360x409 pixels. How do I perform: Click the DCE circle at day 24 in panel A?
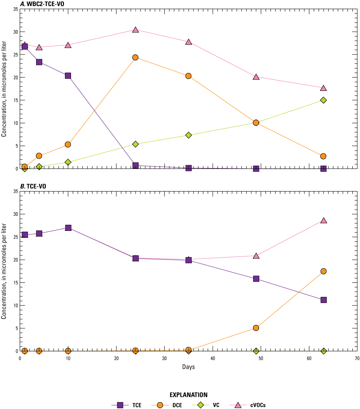(135, 58)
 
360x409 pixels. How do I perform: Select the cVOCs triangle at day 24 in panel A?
(135, 30)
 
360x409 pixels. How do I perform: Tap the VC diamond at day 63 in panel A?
(323, 100)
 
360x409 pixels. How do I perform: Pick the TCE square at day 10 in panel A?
(68, 75)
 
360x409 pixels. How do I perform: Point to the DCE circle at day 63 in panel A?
(323, 156)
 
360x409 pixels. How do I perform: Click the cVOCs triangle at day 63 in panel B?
(323, 220)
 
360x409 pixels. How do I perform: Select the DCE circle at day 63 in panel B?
(323, 271)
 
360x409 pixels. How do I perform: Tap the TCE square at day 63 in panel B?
(323, 300)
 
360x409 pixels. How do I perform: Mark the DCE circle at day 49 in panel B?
(256, 328)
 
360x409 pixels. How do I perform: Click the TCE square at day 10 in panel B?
(68, 228)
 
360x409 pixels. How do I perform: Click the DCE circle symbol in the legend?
(160, 405)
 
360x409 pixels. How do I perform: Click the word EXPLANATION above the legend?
(188, 394)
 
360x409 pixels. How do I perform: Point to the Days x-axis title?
(188, 367)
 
